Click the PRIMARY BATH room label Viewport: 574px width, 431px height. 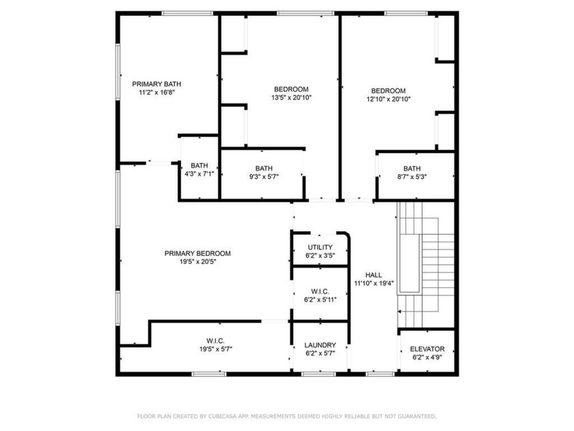point(156,84)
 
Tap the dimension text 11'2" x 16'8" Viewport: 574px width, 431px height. point(156,93)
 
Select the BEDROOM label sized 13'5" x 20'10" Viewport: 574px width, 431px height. point(291,90)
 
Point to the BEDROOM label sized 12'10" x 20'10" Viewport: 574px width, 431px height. point(388,91)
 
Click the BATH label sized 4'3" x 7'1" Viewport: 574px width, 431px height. point(199,166)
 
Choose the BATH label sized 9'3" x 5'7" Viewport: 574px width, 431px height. point(264,168)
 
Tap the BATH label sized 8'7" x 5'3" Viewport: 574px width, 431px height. point(412,168)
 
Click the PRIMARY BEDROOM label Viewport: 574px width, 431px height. point(197,253)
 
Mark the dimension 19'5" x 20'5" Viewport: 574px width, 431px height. point(197,262)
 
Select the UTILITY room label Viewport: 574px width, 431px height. point(320,247)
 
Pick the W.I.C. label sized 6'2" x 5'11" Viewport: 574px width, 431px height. point(320,290)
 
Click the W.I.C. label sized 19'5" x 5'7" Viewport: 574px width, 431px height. point(216,341)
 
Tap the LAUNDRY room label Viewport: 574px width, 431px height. point(320,345)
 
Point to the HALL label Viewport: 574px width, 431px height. point(373,274)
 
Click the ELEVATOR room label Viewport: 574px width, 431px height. point(427,348)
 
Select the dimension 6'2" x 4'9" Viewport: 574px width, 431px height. point(427,357)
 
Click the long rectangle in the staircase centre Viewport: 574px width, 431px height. point(409,264)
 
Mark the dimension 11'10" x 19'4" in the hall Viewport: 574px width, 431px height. point(373,283)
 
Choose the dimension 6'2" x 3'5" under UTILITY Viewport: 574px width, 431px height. point(320,256)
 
